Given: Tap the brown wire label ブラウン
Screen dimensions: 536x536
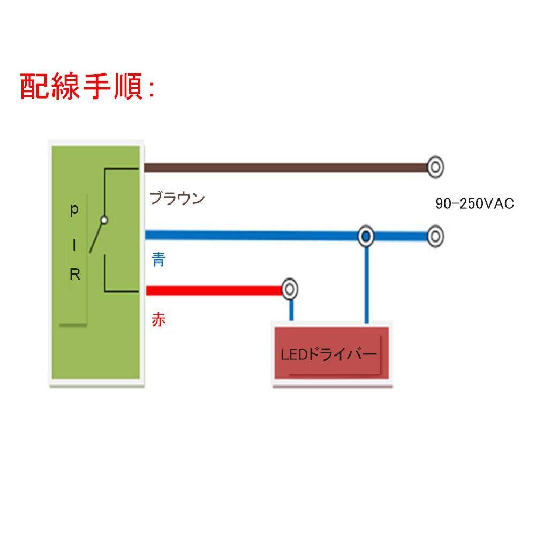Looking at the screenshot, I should point(177,199).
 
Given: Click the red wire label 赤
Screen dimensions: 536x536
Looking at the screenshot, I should point(158,320).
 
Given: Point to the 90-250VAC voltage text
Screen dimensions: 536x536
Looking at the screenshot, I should point(475,203).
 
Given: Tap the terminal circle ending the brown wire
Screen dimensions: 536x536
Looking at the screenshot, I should point(436,168).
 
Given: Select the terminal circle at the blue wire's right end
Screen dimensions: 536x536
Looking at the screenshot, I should point(436,236).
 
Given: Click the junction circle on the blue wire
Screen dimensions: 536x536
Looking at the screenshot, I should point(366,236).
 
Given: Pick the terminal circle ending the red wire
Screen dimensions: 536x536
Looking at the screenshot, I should point(290,290).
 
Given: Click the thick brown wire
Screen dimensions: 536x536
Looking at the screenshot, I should point(284,168).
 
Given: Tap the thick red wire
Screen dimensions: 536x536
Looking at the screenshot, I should point(214,290).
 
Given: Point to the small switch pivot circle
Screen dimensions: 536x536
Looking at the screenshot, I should point(104,220).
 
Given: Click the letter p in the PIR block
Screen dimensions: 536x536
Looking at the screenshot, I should point(74,210).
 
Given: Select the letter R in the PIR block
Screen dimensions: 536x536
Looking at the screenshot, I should point(75,276).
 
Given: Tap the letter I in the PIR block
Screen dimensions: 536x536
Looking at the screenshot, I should point(75,244).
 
